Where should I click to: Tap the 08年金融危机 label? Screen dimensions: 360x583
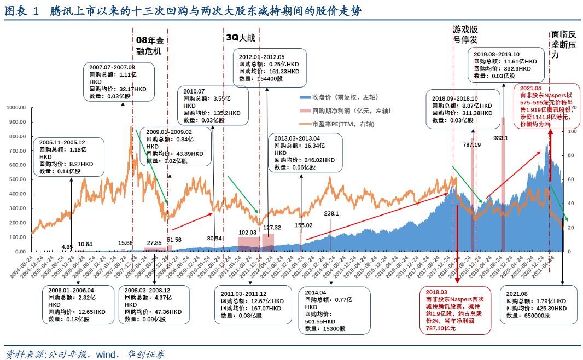pos(149,46)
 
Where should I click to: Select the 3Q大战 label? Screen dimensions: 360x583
pos(240,38)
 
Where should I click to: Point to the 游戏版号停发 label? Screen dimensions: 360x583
pos(465,34)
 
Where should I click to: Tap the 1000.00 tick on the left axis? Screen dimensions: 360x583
pos(18,108)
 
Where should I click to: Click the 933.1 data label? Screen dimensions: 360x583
pos(502,138)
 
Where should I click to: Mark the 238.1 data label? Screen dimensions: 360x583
pos(331,214)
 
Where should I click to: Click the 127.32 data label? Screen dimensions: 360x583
pos(272,228)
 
